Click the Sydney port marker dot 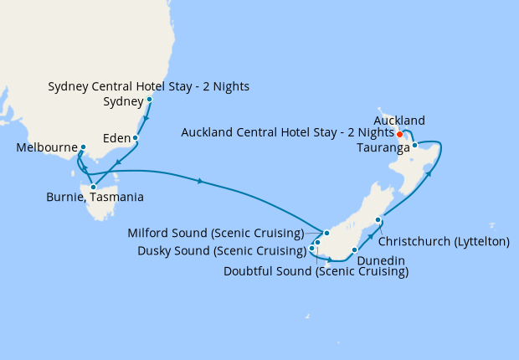coord(149,100)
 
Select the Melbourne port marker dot coord(82,147)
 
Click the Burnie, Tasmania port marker coord(93,187)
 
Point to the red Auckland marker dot coord(399,134)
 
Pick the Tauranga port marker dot coord(414,145)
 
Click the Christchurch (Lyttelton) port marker coord(378,220)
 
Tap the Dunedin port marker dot coord(355,249)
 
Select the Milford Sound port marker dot coord(326,234)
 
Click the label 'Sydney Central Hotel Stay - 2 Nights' coord(149,86)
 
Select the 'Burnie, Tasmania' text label coord(95,198)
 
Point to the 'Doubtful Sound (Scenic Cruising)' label coord(316,272)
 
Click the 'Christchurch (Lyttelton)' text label coord(445,241)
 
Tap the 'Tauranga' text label coord(383,147)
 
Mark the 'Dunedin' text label coord(381,260)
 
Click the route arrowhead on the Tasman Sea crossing coord(201,180)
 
